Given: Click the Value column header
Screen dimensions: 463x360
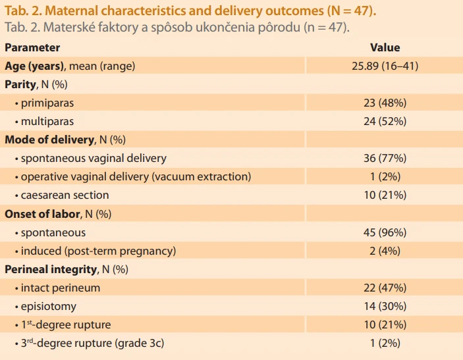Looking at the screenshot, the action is tap(385, 47).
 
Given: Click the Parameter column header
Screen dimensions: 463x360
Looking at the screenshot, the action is tap(32, 47).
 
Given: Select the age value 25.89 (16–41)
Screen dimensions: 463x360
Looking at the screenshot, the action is tap(385, 66).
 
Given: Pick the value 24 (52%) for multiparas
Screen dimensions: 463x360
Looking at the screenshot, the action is tap(385, 121).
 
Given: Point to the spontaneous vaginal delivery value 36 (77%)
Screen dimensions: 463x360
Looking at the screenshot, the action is tap(385, 158).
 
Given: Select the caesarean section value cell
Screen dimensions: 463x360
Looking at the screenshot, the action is tap(385, 195).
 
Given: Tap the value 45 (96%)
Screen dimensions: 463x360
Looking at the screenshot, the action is tap(385, 232).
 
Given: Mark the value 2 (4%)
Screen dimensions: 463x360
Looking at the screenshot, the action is tap(385, 251).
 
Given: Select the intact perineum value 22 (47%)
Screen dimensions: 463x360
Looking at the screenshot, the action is tap(385, 288).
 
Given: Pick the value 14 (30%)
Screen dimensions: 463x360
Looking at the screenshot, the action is tap(385, 306).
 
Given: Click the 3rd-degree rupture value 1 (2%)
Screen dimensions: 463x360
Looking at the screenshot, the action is tap(385, 343).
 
